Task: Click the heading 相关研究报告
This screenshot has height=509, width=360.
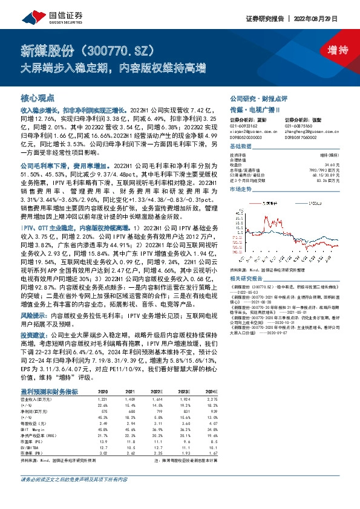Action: [x=247, y=279]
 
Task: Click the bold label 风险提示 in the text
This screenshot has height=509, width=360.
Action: [x=35, y=316]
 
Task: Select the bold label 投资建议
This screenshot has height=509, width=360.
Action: [x=35, y=334]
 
